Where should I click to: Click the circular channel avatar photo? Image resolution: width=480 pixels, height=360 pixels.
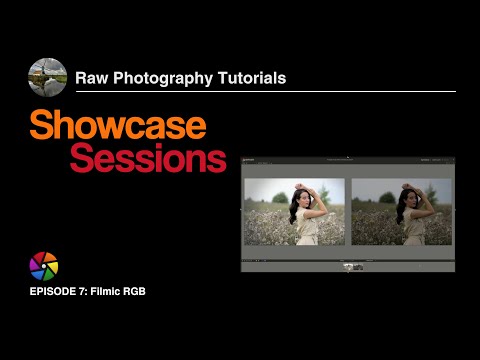(x=48, y=77)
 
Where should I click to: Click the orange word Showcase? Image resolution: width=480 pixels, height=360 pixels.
(x=117, y=125)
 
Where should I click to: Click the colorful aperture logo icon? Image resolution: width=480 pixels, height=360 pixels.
(x=44, y=266)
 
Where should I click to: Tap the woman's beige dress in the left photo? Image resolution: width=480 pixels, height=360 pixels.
(x=303, y=232)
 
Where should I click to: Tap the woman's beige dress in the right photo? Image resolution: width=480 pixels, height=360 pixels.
(x=411, y=232)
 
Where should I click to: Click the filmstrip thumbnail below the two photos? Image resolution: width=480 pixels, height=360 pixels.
(x=353, y=267)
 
